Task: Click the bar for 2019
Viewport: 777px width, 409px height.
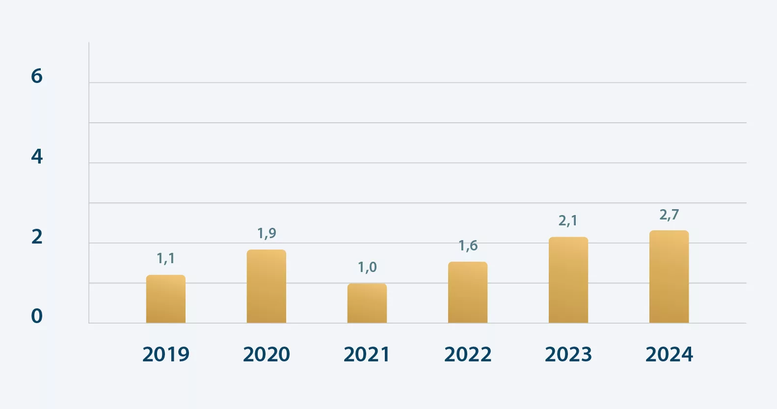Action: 166,299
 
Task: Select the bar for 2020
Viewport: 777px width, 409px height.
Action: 267,286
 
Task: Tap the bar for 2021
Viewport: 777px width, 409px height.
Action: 367,303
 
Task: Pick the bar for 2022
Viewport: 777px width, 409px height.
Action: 468,292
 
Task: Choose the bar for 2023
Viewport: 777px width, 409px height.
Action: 568,280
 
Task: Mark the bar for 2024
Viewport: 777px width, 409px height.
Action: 669,276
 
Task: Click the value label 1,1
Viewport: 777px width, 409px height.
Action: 166,258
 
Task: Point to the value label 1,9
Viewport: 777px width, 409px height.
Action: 267,233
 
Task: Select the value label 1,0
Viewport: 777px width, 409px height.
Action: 367,267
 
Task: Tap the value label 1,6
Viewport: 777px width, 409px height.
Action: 468,245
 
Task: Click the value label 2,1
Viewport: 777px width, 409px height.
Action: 568,221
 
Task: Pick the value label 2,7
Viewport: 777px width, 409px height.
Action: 669,215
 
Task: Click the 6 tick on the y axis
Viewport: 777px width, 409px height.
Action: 37,76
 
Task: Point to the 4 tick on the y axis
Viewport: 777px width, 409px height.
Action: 37,157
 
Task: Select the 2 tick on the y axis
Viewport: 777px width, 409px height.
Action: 37,237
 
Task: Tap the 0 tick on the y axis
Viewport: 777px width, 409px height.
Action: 37,316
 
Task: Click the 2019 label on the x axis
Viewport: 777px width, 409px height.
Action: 166,354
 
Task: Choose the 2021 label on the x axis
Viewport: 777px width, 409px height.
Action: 367,354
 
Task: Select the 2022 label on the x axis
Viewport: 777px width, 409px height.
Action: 468,354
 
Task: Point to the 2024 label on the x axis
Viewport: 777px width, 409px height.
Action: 669,354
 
